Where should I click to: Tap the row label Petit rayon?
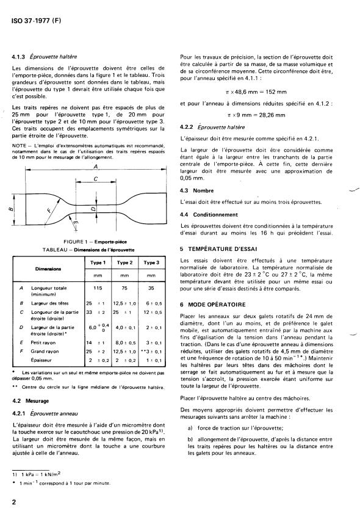pyautogui.click(x=49, y=344)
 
